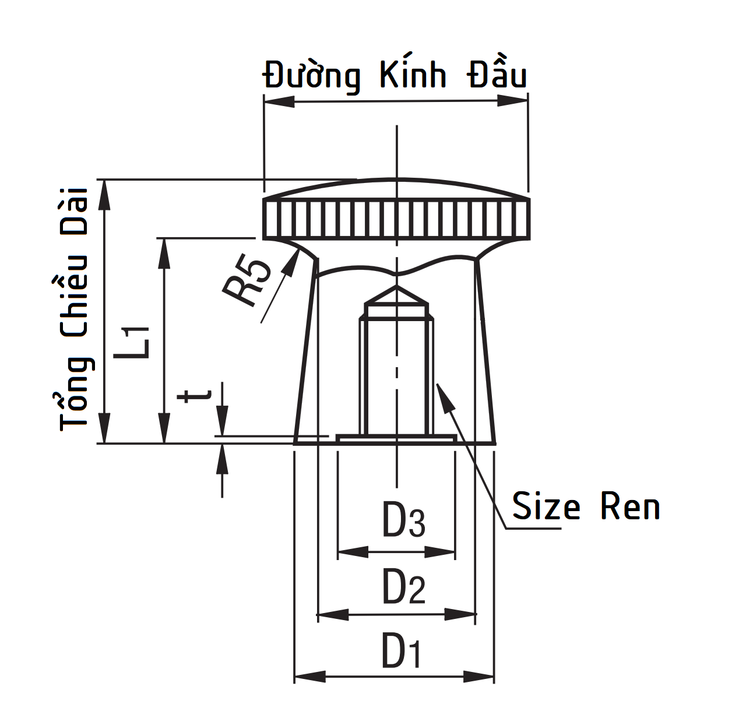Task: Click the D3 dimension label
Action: point(403,520)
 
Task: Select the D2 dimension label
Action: point(403,587)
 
